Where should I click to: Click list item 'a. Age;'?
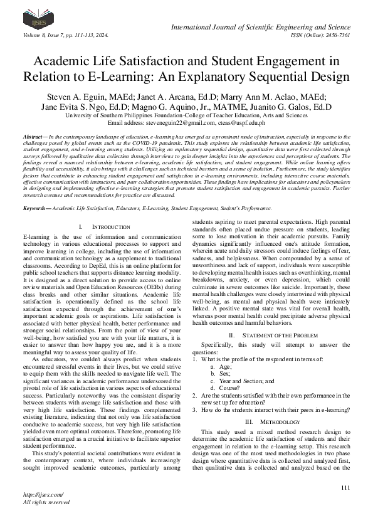tap(220, 366)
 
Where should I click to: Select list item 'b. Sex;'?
tap(220, 373)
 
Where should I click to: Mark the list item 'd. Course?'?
tap(225, 388)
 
